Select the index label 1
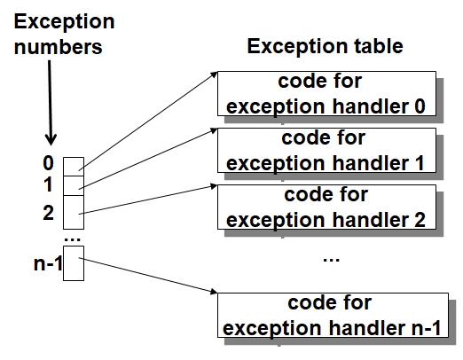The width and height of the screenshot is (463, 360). point(48,184)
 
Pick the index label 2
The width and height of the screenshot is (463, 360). point(48,212)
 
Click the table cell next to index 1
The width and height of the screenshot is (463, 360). point(74,184)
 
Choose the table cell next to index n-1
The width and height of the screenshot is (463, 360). point(74,265)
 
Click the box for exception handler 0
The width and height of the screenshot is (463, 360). point(325,95)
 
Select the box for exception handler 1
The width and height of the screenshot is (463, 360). point(325,151)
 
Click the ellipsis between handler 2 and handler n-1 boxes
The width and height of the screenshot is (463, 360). point(331,258)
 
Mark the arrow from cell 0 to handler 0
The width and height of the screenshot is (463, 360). point(151,120)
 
